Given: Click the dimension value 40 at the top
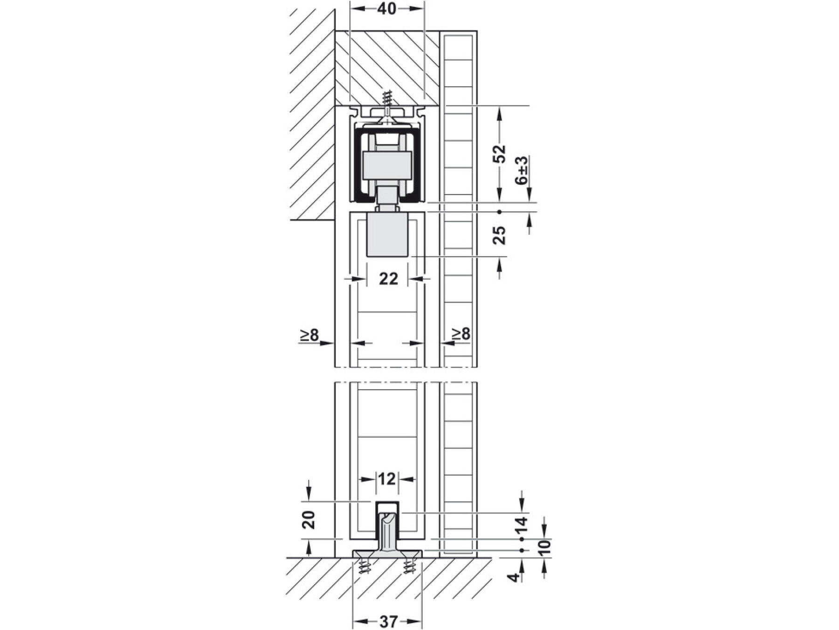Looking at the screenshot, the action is point(387,8).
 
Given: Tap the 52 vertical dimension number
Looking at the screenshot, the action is point(499,154).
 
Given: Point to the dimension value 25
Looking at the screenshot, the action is point(499,235).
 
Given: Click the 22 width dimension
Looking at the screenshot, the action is point(388,279).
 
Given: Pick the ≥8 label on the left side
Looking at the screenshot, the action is point(309,335).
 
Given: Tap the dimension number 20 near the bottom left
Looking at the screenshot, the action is point(309,519).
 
